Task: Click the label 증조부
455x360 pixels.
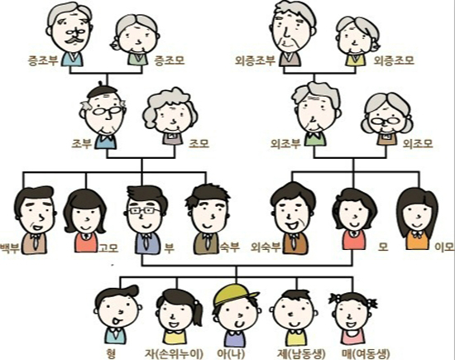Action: [43, 61]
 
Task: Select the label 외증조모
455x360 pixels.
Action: [394, 60]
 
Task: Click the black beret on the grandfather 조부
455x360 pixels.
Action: [103, 90]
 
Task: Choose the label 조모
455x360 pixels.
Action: [199, 143]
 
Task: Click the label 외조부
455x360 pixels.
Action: [285, 143]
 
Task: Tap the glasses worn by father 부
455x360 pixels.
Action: [144, 211]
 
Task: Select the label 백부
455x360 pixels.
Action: [10, 248]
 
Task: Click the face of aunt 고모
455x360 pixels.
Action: [86, 216]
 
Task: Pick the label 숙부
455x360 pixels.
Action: [229, 247]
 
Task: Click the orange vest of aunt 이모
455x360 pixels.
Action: [417, 240]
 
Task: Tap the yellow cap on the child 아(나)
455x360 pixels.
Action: [234, 295]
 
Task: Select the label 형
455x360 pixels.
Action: [111, 353]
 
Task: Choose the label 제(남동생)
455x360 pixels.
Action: [301, 353]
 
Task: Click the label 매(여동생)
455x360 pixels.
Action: [365, 353]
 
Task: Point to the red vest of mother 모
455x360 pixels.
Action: [353, 239]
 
